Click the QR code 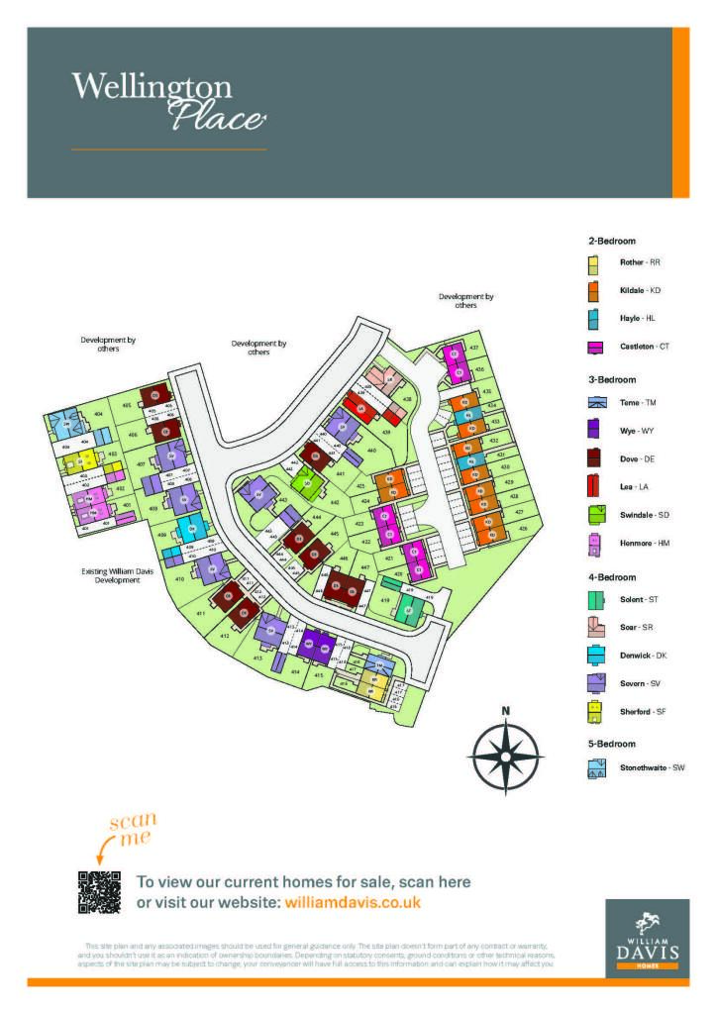click(99, 892)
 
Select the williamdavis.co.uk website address click(353, 902)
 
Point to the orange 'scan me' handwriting click(133, 829)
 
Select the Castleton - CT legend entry click(634, 347)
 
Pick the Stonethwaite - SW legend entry click(639, 767)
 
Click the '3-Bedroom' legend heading click(612, 379)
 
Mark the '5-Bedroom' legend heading click(612, 743)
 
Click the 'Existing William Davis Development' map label click(111, 574)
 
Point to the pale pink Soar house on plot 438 click(382, 379)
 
